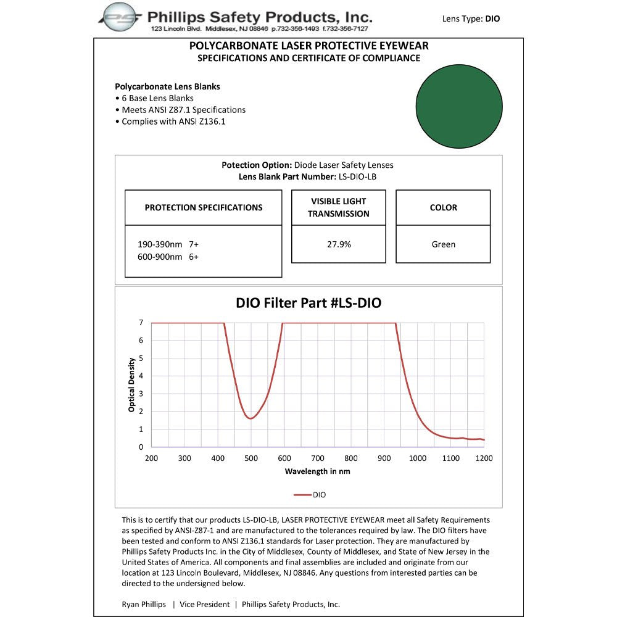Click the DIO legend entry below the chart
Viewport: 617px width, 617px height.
[310, 494]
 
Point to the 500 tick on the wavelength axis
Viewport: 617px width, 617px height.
[251, 458]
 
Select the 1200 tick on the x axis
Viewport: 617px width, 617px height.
[484, 458]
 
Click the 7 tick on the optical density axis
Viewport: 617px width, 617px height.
[141, 323]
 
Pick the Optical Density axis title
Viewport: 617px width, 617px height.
[131, 385]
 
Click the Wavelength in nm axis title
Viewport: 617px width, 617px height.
[317, 471]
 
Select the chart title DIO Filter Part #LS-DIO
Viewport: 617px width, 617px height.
[308, 303]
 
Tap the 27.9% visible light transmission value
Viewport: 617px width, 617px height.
[339, 244]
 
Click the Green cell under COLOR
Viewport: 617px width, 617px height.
[443, 244]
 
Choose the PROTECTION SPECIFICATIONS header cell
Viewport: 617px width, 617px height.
[204, 208]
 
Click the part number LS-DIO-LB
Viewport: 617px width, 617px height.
[357, 176]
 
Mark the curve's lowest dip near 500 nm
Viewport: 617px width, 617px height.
[251, 418]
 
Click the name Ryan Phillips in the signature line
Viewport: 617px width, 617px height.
[144, 604]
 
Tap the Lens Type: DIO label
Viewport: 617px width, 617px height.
[471, 19]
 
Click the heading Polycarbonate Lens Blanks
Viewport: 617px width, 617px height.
[167, 86]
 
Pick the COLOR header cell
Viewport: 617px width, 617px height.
[443, 208]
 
